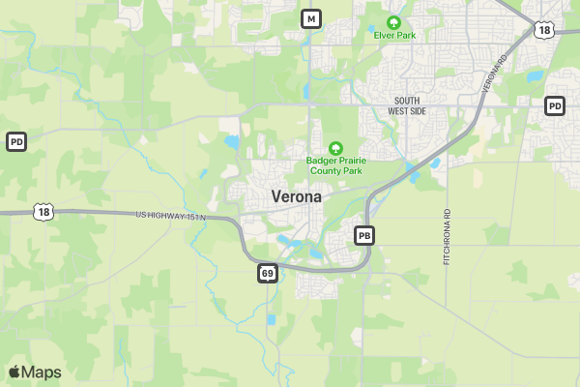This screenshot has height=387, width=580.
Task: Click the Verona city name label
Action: pos(297,195)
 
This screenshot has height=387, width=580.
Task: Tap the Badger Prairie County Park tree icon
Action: pos(335,148)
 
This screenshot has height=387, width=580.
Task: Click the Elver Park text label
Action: pos(393,36)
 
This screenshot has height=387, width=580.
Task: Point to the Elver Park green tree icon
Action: pos(393,22)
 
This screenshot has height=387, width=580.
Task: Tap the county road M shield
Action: pos(310,18)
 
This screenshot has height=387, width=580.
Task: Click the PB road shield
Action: pos(364,235)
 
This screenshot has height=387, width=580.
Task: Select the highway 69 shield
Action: pos(268,274)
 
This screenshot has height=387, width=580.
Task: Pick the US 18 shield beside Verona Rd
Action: pos(545,30)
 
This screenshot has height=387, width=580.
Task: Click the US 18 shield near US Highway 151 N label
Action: pos(42,211)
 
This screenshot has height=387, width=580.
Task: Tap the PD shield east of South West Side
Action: pos(555,105)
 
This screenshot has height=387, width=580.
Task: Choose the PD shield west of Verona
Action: pos(15,142)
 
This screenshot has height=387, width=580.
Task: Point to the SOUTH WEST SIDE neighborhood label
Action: pos(407,106)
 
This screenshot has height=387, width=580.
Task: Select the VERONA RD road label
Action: pos(494,75)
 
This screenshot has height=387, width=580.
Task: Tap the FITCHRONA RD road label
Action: pos(448,238)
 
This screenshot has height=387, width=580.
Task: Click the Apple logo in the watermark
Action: pos(14,372)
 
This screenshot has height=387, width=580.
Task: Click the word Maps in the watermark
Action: pos(42,372)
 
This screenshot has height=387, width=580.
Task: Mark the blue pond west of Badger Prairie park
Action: pos(232,143)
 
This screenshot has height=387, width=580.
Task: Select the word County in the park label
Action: pos(322,171)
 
